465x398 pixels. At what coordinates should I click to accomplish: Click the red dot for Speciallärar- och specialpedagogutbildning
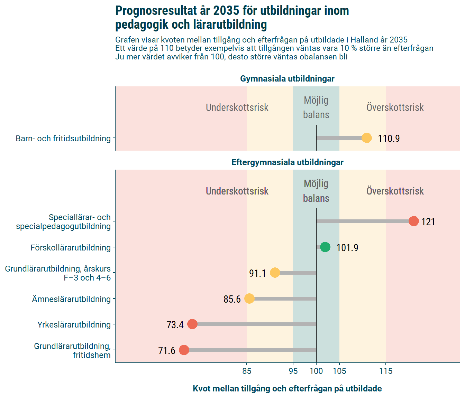413,221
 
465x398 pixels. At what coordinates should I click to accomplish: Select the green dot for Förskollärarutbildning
325,247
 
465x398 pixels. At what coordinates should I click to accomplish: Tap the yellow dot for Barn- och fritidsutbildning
367,138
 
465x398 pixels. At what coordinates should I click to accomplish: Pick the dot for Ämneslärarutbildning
249,298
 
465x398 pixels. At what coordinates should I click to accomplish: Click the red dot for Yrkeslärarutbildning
192,324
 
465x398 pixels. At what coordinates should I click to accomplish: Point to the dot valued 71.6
184,350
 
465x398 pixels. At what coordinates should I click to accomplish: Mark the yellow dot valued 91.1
275,273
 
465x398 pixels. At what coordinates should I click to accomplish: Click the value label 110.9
389,139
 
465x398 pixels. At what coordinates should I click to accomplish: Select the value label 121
428,222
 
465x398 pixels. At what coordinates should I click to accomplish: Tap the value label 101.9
347,248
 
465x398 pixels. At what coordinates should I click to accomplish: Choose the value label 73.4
175,325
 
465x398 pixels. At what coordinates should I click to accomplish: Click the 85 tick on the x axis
247,371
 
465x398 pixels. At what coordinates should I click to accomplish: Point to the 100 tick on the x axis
316,371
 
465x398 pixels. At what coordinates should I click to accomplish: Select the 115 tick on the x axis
386,371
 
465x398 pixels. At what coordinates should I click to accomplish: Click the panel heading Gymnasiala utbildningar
287,79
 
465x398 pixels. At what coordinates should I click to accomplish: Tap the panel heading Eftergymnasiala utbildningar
287,162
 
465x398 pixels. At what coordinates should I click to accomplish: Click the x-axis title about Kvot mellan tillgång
287,389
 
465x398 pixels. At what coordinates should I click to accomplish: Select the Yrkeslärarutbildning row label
74,325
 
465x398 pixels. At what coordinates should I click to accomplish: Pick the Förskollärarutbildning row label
71,248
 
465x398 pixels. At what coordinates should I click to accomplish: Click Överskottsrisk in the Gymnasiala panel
395,107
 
